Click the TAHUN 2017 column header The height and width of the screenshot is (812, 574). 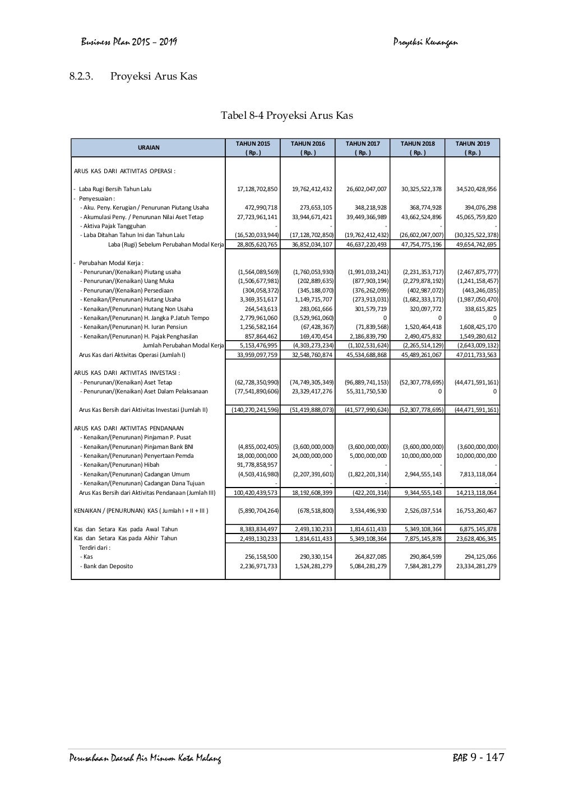coord(362,143)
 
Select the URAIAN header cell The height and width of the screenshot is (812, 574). coord(149,148)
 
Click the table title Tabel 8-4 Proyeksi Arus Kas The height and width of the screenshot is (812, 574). coord(286,116)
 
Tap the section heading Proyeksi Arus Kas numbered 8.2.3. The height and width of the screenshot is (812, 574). coord(154,76)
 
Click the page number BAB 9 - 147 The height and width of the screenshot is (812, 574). coord(478,758)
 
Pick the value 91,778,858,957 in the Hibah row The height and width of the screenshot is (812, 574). coord(257,465)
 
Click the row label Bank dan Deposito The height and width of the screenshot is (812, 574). coord(108,566)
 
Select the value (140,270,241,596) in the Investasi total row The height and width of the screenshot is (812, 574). coord(255,410)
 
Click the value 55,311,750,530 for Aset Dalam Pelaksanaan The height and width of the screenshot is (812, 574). coord(363,391)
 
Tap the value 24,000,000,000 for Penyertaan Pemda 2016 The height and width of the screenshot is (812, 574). coord(312,456)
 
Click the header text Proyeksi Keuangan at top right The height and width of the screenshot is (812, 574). coord(425,41)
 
